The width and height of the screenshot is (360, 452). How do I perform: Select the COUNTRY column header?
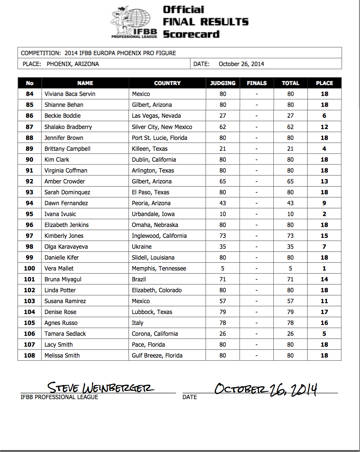pos(167,83)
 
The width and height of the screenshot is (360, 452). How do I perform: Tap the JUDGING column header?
pos(223,83)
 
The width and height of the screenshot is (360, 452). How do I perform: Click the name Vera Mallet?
pos(59,269)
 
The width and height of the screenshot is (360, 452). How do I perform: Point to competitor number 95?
pos(30,214)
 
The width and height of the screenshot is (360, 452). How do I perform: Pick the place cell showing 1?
pos(324,269)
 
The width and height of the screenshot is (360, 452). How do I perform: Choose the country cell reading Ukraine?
pos(142,247)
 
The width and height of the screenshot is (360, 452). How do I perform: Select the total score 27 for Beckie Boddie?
pos(290,116)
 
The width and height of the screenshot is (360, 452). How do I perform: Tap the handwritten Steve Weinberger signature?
pos(100,387)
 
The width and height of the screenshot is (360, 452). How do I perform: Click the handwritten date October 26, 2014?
pos(266,388)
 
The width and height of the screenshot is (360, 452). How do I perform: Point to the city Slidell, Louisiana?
pos(153,258)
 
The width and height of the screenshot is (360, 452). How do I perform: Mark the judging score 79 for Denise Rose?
pos(223,312)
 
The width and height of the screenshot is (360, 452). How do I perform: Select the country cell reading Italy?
pos(137,323)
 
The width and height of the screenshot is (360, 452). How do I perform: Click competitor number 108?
pos(30,356)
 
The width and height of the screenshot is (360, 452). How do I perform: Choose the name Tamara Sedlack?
pos(65,334)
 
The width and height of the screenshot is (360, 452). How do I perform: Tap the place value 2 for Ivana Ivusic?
pos(324,214)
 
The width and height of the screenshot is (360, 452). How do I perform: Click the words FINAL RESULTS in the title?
pos(205,22)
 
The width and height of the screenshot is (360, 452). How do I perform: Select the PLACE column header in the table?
pos(324,83)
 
